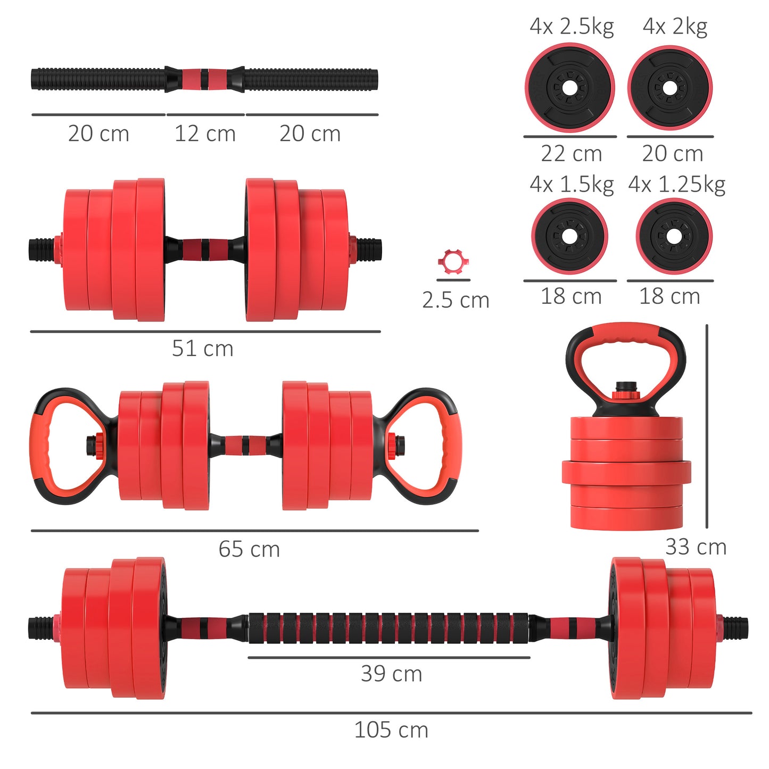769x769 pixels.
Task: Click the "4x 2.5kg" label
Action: pyautogui.click(x=572, y=27)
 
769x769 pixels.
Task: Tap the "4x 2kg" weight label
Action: pyautogui.click(x=675, y=27)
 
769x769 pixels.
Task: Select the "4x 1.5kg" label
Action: pyautogui.click(x=572, y=185)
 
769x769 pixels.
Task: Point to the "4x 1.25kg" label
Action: pyautogui.click(x=676, y=185)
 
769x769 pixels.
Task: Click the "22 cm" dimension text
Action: pyautogui.click(x=572, y=154)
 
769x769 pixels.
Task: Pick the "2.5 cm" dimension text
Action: pyautogui.click(x=456, y=300)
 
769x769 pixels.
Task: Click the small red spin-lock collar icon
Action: pyautogui.click(x=453, y=261)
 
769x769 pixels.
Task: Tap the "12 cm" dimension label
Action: pyautogui.click(x=205, y=134)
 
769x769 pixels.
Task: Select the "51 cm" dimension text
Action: pyautogui.click(x=203, y=349)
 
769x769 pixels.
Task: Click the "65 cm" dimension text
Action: pyautogui.click(x=249, y=549)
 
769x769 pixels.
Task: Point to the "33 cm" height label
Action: pyautogui.click(x=696, y=547)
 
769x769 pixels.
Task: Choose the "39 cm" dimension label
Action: pyautogui.click(x=391, y=674)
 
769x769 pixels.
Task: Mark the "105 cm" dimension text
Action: pyautogui.click(x=391, y=730)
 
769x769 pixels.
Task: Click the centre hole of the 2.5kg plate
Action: pyautogui.click(x=569, y=88)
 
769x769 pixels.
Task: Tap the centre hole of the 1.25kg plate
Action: pyautogui.click(x=674, y=236)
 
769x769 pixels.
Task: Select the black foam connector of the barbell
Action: pyautogui.click(x=388, y=627)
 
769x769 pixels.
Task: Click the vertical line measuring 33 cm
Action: pyautogui.click(x=707, y=426)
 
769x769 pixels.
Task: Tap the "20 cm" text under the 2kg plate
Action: pyautogui.click(x=672, y=154)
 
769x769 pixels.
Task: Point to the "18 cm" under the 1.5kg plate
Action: pyautogui.click(x=571, y=296)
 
